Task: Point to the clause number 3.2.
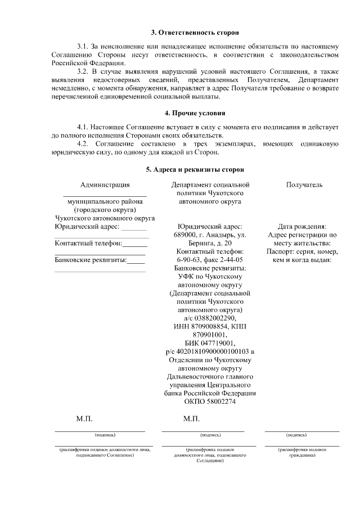click(x=83, y=73)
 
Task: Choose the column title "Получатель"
click(x=304, y=184)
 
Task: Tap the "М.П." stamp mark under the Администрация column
click(x=84, y=419)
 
